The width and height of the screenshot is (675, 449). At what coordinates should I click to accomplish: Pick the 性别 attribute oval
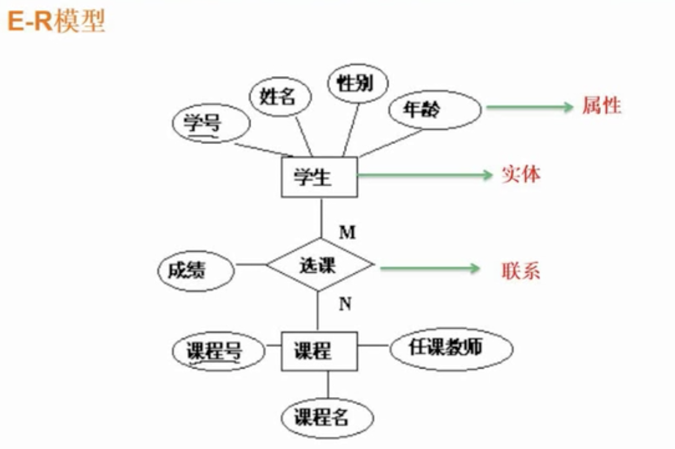pos(357,84)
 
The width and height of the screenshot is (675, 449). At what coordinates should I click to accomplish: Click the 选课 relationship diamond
pos(319,264)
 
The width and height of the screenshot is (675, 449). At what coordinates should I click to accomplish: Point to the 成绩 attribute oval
pos(196,271)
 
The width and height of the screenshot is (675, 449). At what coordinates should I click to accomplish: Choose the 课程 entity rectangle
pos(318,351)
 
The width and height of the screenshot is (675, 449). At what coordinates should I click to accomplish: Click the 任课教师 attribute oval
pos(451,349)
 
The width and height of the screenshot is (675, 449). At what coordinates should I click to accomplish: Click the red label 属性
pos(601,106)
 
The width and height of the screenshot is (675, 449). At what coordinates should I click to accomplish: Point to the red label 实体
pos(521,175)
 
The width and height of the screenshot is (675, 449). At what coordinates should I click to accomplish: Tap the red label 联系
pos(521,271)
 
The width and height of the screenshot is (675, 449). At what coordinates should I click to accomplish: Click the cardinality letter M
pos(347,232)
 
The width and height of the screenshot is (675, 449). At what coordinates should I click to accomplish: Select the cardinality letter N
pos(345,304)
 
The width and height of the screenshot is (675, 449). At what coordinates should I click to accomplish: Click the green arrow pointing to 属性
pos(530,107)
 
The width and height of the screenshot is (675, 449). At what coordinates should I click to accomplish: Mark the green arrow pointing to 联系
pos(430,268)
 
